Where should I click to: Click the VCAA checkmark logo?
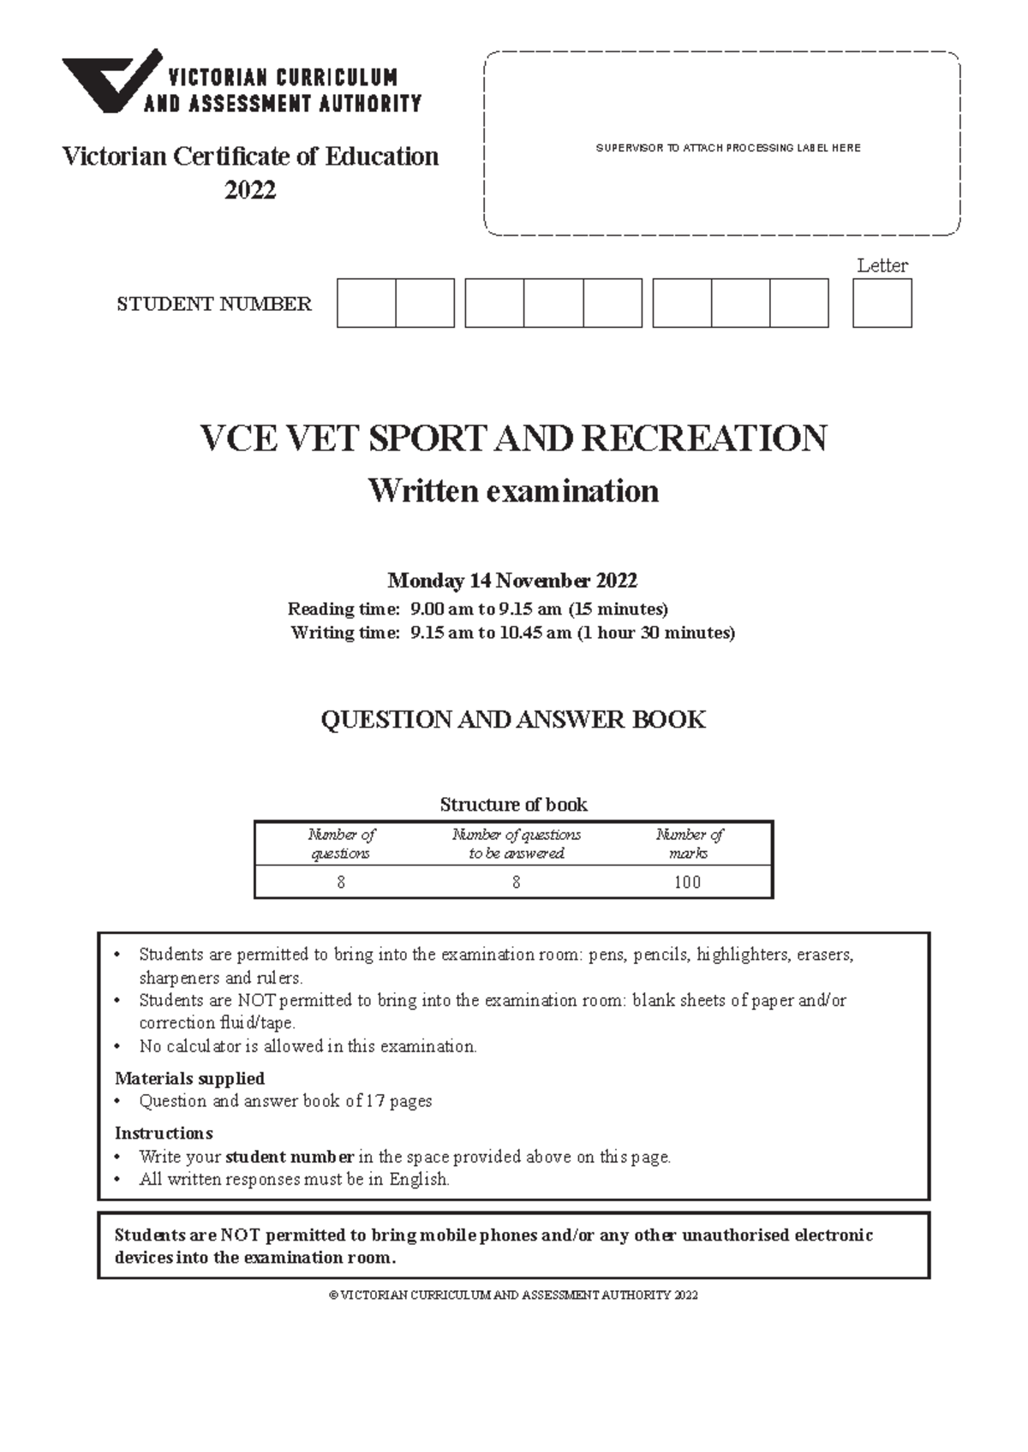click(x=110, y=81)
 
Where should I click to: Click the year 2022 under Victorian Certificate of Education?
click(x=250, y=190)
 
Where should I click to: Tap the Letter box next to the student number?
click(x=882, y=303)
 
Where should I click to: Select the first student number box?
click(x=367, y=303)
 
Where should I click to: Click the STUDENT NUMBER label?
click(x=214, y=304)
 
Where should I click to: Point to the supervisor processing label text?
click(x=727, y=148)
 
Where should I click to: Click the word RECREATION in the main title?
click(x=704, y=438)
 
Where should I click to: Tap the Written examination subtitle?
click(x=513, y=491)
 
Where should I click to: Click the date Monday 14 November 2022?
click(x=512, y=580)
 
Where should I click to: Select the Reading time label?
click(x=344, y=609)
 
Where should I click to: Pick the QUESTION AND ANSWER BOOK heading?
click(x=513, y=719)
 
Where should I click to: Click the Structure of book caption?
click(x=513, y=804)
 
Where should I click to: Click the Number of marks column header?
click(x=689, y=843)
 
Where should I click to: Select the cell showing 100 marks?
click(x=687, y=882)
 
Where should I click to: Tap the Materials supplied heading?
click(x=189, y=1078)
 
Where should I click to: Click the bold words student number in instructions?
click(x=290, y=1157)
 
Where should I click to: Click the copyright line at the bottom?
click(x=513, y=1295)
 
